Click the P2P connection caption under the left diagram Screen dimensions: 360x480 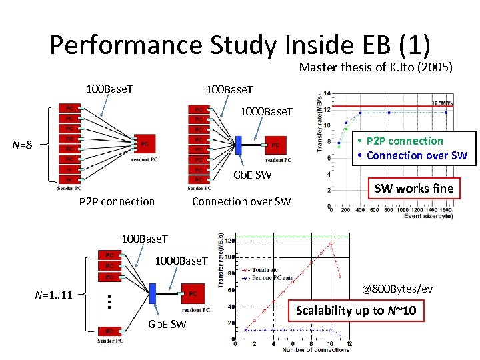coord(117,201)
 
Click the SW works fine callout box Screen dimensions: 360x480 coord(413,189)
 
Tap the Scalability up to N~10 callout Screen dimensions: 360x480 coord(356,311)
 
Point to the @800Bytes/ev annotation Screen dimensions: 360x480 coord(397,289)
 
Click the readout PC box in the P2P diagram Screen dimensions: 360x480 coord(143,144)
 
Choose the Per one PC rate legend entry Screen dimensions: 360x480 coord(272,278)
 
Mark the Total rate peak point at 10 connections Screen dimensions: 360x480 coord(330,243)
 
